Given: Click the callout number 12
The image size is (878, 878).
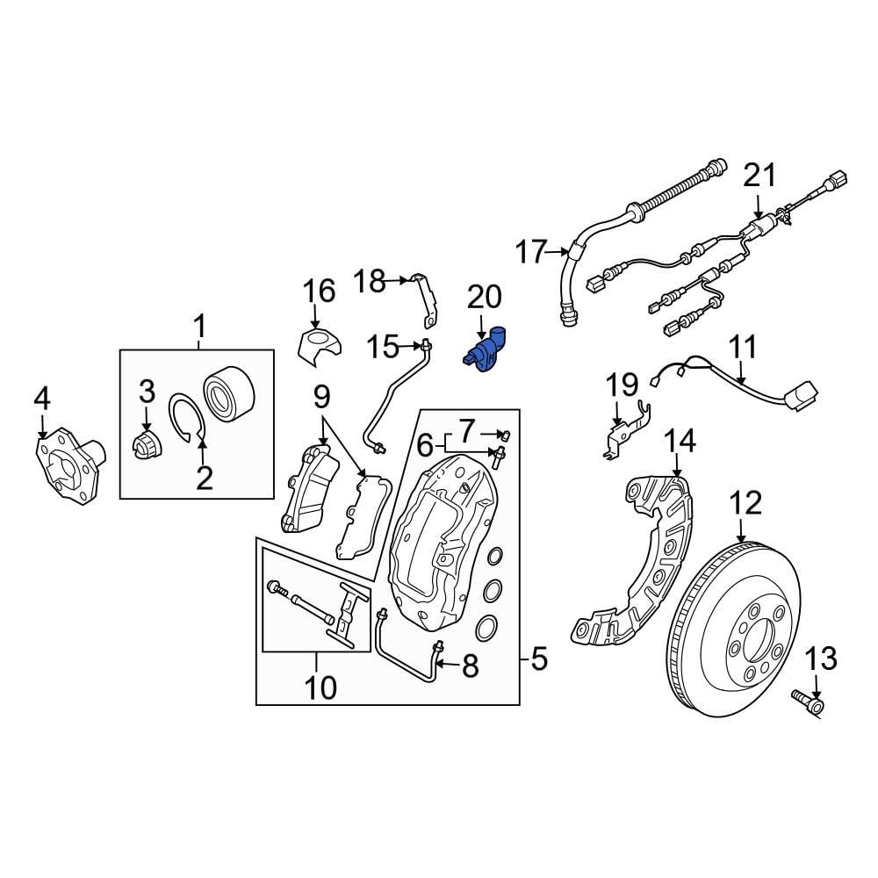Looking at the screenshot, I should coord(745,504).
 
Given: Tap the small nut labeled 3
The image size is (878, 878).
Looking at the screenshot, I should coord(145,447).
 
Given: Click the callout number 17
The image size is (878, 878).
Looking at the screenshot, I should coord(531,253).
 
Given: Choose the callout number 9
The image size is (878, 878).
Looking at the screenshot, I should coord(321,398).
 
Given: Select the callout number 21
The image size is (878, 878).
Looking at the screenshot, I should coord(759,176).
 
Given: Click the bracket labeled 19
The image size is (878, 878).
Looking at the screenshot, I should coord(626,432).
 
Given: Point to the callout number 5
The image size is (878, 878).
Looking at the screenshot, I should coord(537,657).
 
